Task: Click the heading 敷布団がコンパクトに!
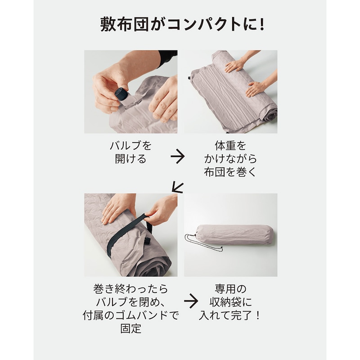tap(182, 24)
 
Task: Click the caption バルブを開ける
tap(130, 152)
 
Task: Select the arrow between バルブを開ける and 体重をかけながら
tap(177, 157)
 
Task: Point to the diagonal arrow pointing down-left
tap(178, 187)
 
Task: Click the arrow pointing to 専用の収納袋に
tap(191, 301)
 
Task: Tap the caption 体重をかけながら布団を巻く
tap(230, 159)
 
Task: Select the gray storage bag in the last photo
tap(234, 236)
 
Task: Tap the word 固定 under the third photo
tap(130, 328)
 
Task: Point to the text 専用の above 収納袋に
tap(230, 288)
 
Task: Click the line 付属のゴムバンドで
tap(130, 315)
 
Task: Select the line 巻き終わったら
tap(130, 288)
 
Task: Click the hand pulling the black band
tap(161, 209)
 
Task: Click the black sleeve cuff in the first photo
tap(168, 58)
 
